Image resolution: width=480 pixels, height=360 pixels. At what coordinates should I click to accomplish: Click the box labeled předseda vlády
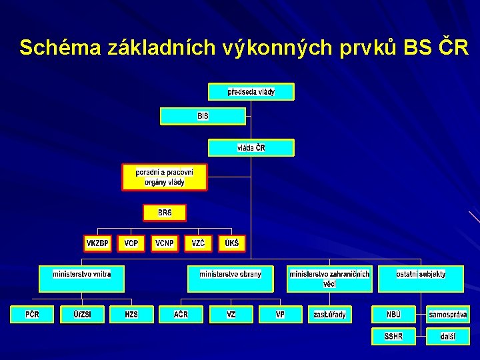251,92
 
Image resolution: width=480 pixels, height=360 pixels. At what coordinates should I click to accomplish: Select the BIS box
203,116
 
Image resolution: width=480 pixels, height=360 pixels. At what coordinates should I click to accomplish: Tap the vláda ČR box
251,147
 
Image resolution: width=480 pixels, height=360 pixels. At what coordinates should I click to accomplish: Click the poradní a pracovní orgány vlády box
164,177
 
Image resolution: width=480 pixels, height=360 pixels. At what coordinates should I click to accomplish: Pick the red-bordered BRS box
165,213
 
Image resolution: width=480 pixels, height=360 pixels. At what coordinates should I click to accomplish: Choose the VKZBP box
97,243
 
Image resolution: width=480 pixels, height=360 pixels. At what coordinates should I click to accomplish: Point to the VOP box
131,243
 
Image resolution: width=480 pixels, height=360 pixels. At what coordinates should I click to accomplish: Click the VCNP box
165,243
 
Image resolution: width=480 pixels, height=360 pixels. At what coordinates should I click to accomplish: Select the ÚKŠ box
231,243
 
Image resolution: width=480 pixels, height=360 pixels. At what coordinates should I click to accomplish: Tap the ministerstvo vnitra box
82,279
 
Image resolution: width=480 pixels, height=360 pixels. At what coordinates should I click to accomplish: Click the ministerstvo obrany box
231,279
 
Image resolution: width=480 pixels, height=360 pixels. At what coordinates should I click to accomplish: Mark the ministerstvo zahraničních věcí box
329,279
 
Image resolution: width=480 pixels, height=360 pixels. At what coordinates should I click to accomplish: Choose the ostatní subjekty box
421,279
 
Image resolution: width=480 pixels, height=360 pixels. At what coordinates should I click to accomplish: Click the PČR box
32,314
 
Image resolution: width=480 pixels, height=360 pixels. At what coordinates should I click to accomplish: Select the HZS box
131,314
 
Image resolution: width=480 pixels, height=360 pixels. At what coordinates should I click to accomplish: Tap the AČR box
181,314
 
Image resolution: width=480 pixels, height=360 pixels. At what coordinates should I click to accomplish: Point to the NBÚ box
394,314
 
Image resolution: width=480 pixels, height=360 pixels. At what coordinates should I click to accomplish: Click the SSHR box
393,337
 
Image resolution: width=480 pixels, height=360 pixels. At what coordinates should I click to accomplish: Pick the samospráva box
448,314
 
